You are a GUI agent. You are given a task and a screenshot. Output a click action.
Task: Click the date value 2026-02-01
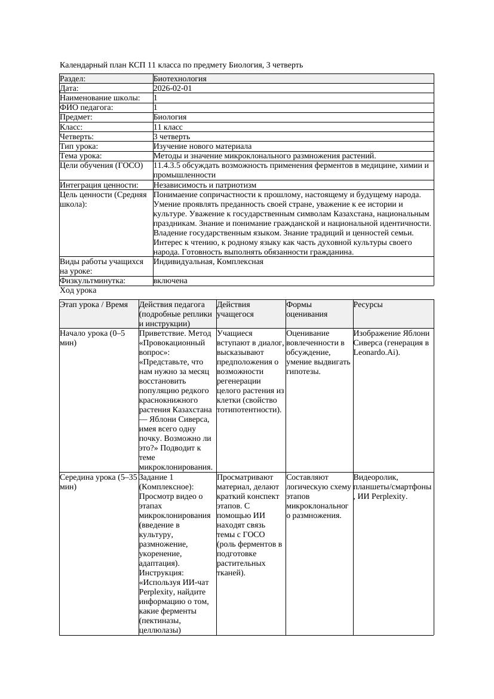[173, 88]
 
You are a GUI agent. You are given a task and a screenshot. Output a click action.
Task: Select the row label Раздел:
[73, 79]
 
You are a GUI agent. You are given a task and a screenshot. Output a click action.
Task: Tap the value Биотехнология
[180, 79]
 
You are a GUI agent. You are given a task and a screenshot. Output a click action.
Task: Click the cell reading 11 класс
[168, 127]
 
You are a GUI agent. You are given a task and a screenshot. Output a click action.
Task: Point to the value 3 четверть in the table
[171, 137]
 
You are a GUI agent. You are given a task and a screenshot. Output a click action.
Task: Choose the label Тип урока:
[79, 146]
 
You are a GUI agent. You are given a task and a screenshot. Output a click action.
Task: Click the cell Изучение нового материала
[202, 146]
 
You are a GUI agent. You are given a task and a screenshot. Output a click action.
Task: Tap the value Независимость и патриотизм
[205, 185]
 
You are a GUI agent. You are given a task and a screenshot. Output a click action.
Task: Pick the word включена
[170, 281]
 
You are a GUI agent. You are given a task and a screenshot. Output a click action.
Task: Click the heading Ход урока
[78, 290]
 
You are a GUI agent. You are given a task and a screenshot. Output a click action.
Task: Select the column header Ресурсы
[369, 305]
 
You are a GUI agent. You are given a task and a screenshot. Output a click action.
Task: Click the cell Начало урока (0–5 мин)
[93, 338]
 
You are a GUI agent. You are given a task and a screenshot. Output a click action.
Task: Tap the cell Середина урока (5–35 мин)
[99, 482]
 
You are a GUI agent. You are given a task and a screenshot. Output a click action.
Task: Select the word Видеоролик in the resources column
[375, 477]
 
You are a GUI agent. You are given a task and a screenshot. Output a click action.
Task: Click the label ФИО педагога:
[87, 108]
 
